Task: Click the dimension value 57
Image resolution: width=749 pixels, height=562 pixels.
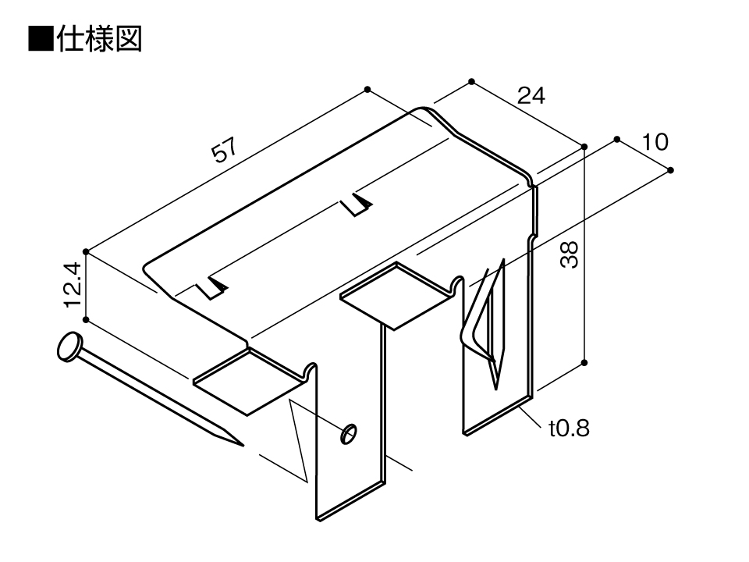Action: [224, 150]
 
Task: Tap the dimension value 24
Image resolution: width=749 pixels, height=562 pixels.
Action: [531, 96]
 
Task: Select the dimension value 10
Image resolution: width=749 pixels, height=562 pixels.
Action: [655, 142]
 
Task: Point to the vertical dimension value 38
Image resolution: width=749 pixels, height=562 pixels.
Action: [570, 254]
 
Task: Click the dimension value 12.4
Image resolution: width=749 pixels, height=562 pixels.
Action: [73, 285]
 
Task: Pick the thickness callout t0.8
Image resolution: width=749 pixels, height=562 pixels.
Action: [569, 428]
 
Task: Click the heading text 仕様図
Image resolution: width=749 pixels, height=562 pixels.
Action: [99, 39]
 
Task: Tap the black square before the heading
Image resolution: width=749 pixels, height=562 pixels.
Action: [41, 39]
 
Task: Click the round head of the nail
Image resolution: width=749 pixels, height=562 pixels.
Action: [69, 347]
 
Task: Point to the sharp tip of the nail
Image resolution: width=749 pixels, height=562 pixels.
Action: [243, 446]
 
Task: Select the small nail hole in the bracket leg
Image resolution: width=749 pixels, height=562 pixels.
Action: [349, 433]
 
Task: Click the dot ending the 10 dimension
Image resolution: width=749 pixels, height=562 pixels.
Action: [670, 170]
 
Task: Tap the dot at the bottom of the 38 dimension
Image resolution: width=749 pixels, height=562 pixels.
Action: [584, 363]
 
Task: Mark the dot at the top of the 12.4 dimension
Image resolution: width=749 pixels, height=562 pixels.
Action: [86, 252]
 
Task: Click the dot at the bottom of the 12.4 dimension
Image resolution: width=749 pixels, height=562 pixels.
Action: [86, 320]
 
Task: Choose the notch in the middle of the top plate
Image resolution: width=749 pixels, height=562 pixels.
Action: [357, 205]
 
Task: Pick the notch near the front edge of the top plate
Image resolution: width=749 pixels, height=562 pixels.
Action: [211, 288]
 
